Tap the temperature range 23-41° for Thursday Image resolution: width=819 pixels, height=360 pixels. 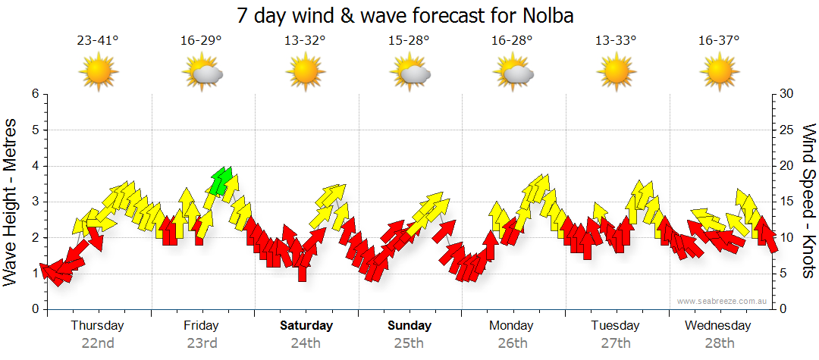[98, 41]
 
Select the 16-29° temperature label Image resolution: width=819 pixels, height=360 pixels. [201, 41]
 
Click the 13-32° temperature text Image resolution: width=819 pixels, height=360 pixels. [305, 41]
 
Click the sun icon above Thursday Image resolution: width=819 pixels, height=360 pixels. [99, 72]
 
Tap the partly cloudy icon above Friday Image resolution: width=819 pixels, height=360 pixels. [202, 72]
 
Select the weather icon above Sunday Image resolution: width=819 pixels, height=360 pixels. [409, 72]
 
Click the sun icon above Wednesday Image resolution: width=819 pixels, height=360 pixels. [719, 72]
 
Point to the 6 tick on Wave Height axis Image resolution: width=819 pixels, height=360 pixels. [34, 94]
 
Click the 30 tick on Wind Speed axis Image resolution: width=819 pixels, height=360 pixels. [788, 94]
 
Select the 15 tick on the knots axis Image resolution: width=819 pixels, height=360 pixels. [788, 202]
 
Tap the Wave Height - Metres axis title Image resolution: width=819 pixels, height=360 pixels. [11, 202]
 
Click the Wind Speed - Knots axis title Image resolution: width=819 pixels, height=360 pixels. [808, 202]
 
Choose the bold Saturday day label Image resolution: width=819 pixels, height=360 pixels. [306, 326]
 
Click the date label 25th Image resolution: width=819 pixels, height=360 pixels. [409, 343]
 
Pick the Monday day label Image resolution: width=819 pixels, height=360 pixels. [512, 326]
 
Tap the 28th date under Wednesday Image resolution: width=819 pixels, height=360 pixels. [719, 343]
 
